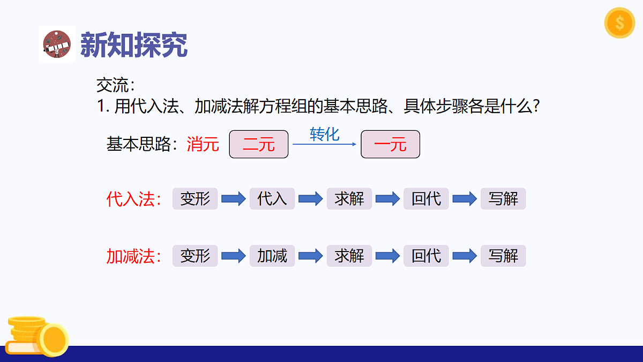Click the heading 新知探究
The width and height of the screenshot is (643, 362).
(133, 45)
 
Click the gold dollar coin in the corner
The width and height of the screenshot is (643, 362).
(619, 23)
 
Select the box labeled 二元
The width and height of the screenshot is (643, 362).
(259, 144)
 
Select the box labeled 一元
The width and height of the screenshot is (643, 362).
(390, 144)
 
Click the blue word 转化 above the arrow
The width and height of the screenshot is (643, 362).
(324, 134)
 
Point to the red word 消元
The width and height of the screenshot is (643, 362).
(203, 144)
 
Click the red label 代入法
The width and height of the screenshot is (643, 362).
(133, 200)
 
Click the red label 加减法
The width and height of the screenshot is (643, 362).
(133, 256)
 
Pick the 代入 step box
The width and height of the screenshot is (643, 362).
(272, 199)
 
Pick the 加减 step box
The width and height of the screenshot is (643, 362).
(272, 256)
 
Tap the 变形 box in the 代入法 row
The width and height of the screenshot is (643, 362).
(195, 199)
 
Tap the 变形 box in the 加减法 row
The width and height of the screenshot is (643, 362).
(195, 256)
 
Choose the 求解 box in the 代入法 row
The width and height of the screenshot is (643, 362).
(349, 199)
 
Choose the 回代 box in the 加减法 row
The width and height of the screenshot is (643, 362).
(427, 256)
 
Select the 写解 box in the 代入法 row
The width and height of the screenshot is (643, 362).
(503, 199)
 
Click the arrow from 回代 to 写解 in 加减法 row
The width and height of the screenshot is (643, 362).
(465, 256)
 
